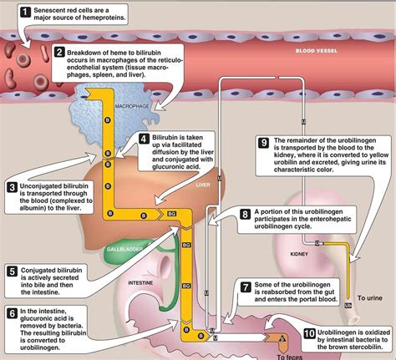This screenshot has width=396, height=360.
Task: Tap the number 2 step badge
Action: click(x=60, y=53)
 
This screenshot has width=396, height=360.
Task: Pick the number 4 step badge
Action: click(x=144, y=139)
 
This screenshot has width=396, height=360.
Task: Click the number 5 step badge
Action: click(x=13, y=271)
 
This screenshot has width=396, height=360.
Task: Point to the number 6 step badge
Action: click(x=13, y=312)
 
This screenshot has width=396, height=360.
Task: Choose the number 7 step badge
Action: click(x=246, y=286)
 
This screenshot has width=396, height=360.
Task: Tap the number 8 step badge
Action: click(x=246, y=214)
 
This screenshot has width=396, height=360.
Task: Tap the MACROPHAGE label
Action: click(x=130, y=105)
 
